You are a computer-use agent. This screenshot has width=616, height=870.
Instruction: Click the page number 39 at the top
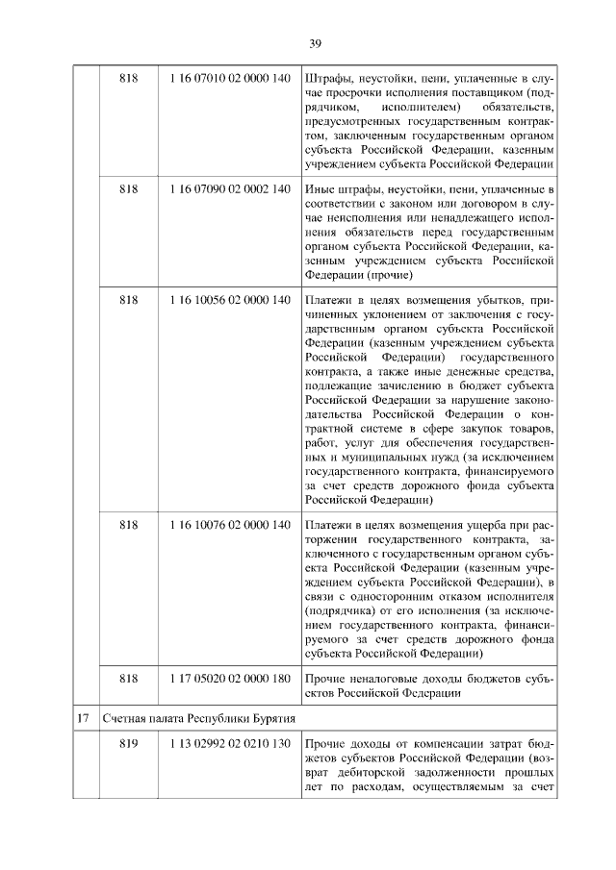point(314,41)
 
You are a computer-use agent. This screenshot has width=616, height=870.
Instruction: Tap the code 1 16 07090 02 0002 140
point(229,188)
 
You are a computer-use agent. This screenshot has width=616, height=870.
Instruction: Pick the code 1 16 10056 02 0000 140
point(229,300)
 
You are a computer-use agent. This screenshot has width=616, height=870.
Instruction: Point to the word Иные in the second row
point(319,188)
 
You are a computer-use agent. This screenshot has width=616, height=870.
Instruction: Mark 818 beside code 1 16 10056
point(129,300)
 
